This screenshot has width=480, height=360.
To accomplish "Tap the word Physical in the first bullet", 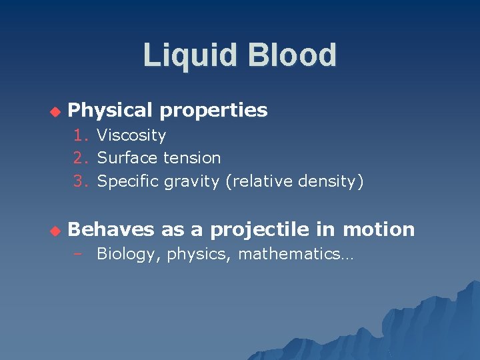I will [x=110, y=110].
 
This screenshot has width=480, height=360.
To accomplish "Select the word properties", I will [x=213, y=110].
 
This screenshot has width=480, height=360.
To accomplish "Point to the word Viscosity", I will [x=131, y=135].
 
